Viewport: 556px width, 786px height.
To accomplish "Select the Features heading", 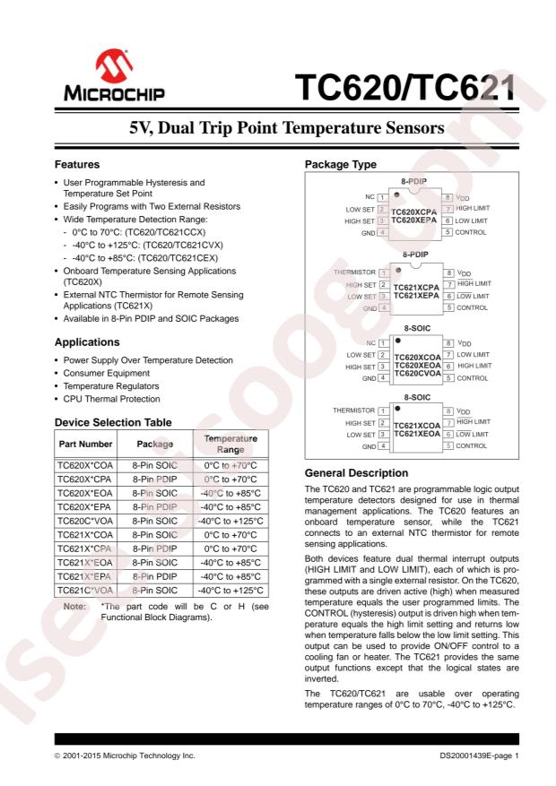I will [x=78, y=165].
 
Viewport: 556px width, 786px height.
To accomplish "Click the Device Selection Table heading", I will [x=112, y=422].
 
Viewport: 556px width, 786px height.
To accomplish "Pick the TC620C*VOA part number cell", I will [x=84, y=522].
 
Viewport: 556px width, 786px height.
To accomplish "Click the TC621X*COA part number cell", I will [x=84, y=535].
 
